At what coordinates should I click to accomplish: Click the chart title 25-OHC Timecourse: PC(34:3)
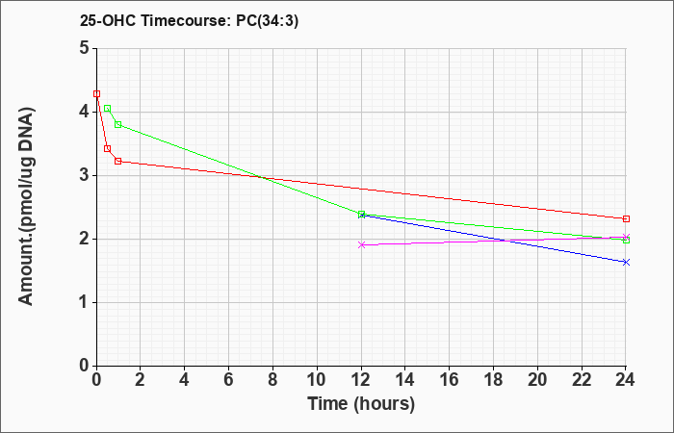[x=189, y=20]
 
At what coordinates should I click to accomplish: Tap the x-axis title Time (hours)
[x=361, y=404]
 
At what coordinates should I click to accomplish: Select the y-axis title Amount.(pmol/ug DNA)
[x=27, y=206]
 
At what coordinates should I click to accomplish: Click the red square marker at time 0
[x=96, y=93]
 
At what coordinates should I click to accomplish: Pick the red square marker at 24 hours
[x=626, y=218]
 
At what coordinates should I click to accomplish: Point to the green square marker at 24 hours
[x=626, y=241]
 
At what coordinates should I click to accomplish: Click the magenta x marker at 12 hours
[x=361, y=244]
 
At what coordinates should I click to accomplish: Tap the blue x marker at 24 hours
[x=626, y=262]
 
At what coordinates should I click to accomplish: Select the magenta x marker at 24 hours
[x=626, y=237]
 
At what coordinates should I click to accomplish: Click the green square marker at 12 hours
[x=361, y=214]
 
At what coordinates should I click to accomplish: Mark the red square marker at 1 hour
[x=118, y=161]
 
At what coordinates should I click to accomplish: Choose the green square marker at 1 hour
[x=118, y=124]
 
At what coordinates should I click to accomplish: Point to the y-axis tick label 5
[x=85, y=48]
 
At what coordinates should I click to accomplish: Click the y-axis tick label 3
[x=85, y=175]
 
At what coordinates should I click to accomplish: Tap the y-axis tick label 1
[x=85, y=302]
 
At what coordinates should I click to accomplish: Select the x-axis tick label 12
[x=361, y=380]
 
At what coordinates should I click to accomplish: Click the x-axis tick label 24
[x=626, y=380]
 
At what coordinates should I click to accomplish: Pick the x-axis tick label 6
[x=229, y=380]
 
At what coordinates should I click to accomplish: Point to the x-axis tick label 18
[x=493, y=380]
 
